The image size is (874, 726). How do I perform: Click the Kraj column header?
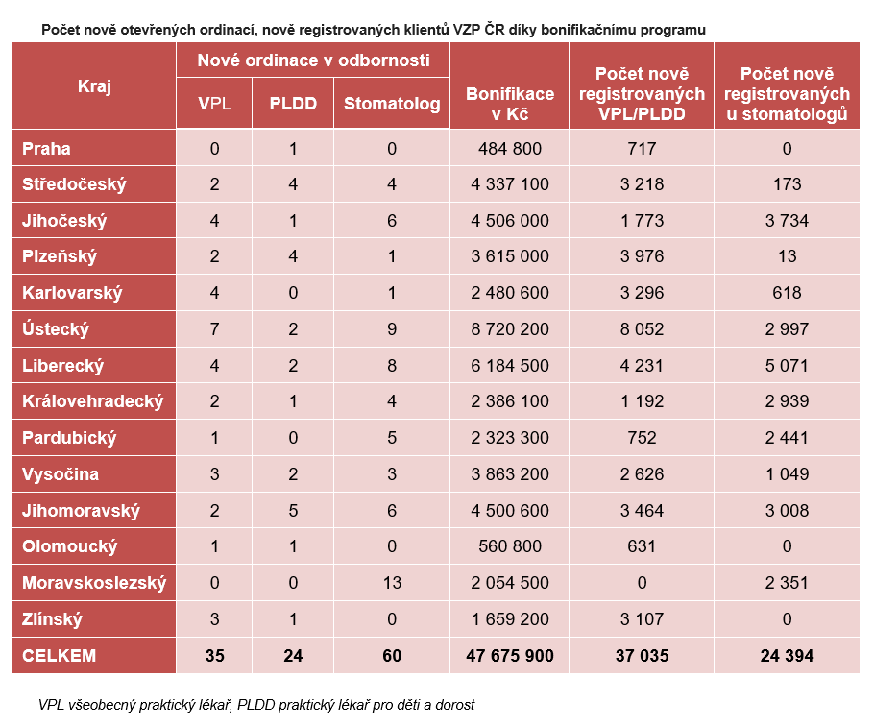pyautogui.click(x=94, y=86)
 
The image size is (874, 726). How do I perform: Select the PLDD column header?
pyautogui.click(x=293, y=103)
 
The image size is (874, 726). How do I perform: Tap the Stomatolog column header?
pyautogui.click(x=392, y=103)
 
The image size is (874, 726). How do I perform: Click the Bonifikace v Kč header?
pyautogui.click(x=509, y=104)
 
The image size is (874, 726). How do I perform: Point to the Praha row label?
pyautogui.click(x=46, y=148)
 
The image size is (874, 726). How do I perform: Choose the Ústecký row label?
pyautogui.click(x=55, y=328)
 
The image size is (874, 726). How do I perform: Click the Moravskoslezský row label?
pyautogui.click(x=94, y=583)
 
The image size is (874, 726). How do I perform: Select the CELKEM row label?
pyautogui.click(x=60, y=655)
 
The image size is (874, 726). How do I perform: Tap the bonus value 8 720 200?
pyautogui.click(x=509, y=328)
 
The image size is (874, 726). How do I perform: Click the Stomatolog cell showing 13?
pyautogui.click(x=392, y=583)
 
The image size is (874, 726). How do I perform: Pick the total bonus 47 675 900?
pyautogui.click(x=509, y=655)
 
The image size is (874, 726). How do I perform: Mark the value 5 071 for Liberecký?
pyautogui.click(x=787, y=366)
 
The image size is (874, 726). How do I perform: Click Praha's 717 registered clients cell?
pyautogui.click(x=642, y=148)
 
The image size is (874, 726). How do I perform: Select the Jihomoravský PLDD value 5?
pyautogui.click(x=293, y=510)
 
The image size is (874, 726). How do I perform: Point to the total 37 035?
pyautogui.click(x=642, y=655)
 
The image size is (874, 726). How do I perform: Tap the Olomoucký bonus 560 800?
pyautogui.click(x=509, y=546)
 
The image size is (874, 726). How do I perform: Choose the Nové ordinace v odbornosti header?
pyautogui.click(x=313, y=60)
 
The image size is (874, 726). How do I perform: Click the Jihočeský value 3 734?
pyautogui.click(x=787, y=221)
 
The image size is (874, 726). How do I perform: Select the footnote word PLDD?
pyautogui.click(x=255, y=705)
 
